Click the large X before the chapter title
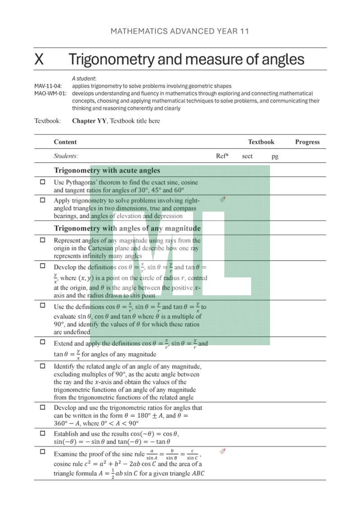click(39, 59)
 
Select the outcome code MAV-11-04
click(48, 86)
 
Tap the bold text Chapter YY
click(89, 121)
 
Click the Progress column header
click(307, 142)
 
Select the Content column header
click(65, 142)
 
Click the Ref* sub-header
click(222, 156)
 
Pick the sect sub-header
click(247, 156)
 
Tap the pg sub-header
click(275, 156)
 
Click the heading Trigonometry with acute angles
click(107, 170)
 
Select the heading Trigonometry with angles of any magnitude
click(127, 228)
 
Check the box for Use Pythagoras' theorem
click(43, 182)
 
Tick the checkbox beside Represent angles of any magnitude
click(43, 240)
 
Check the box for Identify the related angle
click(43, 366)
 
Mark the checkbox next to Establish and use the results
click(43, 433)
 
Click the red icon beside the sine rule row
click(222, 451)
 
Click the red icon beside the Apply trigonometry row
click(222, 199)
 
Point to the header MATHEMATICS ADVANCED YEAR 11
click(180, 31)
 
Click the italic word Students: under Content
click(66, 156)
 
